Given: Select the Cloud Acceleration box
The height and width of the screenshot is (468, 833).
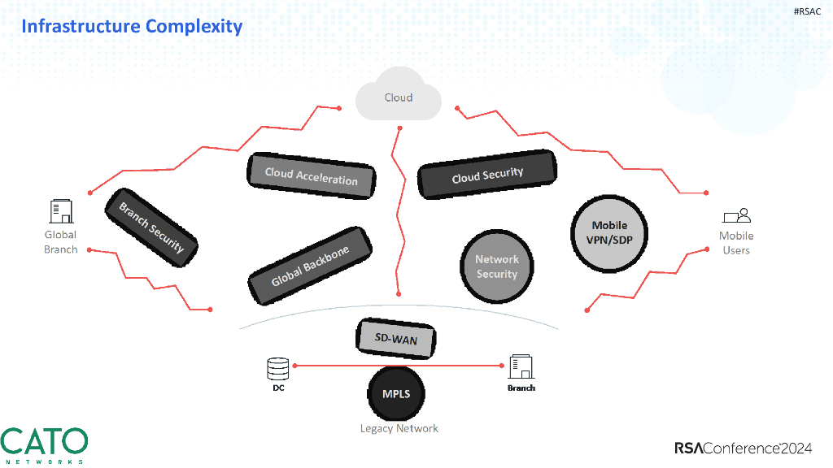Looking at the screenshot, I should click(x=312, y=175).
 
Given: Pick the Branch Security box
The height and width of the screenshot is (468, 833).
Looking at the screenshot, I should click(x=151, y=227).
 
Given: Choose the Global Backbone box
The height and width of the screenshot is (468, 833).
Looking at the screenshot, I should click(x=309, y=266).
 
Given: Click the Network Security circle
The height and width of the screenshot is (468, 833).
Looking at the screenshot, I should click(x=497, y=266).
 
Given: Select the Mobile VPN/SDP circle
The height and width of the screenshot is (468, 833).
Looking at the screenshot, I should click(x=609, y=232).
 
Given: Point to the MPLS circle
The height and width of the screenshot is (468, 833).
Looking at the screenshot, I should click(x=397, y=394).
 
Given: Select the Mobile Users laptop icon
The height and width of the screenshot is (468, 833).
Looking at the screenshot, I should click(x=736, y=216).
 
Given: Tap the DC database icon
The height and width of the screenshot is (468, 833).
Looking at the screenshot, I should click(x=278, y=369).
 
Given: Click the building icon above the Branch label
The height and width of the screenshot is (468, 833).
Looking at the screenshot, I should click(x=521, y=366).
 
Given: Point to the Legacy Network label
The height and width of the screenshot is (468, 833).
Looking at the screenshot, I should click(x=399, y=428).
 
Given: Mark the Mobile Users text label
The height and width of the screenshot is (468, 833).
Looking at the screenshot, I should click(x=736, y=243).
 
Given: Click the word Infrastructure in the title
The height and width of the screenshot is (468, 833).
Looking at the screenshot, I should click(x=81, y=26).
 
